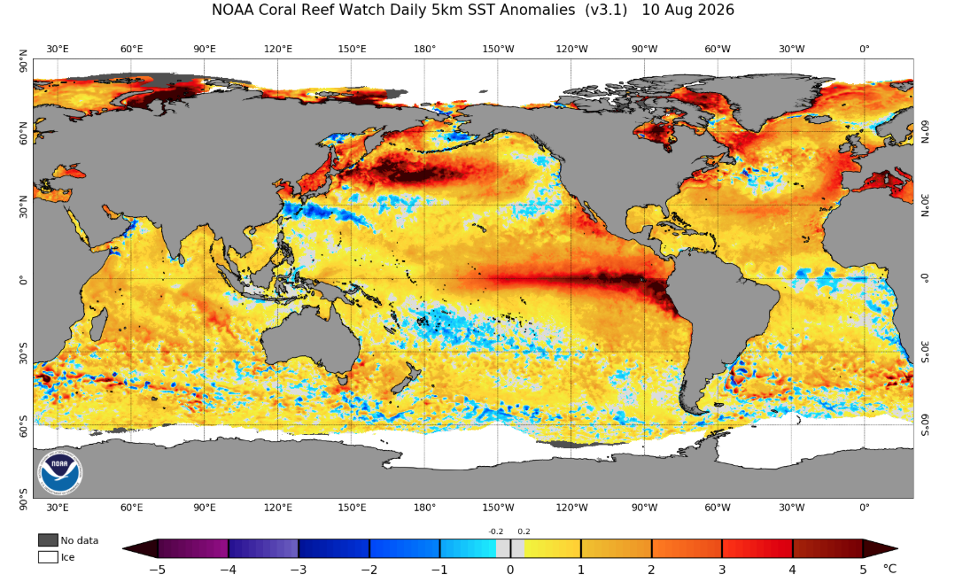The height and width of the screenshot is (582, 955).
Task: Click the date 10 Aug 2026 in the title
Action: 687,11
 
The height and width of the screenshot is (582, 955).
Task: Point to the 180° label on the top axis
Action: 424,49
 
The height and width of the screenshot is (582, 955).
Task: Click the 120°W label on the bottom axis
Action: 571,507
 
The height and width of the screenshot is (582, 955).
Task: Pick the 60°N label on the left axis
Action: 24,133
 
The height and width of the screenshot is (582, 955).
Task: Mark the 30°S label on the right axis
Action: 924,352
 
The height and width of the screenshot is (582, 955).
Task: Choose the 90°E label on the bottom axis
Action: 205,507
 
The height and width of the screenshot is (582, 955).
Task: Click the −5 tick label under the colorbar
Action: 158,570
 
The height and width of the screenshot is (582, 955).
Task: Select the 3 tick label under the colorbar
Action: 722,570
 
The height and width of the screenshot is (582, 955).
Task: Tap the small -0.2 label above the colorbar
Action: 496,532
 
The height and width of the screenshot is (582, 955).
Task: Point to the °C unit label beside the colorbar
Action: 889,569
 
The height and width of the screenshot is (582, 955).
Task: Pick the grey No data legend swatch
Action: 48,540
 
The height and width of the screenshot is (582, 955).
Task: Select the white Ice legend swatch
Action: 48,556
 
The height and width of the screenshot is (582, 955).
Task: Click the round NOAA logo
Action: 59,472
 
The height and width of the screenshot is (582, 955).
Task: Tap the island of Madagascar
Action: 98,324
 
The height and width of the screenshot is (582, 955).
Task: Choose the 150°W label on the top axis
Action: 498,49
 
